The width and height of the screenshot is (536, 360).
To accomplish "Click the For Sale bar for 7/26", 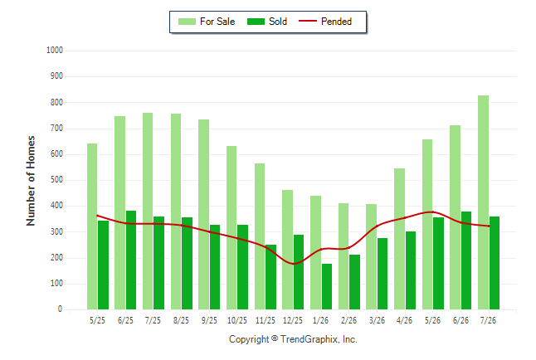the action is (x=483, y=202).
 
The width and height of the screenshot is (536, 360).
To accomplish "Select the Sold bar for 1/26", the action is (x=327, y=286).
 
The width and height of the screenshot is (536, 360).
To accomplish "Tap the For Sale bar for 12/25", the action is (x=287, y=250).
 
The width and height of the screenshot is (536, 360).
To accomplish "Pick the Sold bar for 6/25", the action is (x=131, y=260).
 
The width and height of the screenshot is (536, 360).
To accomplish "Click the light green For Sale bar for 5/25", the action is (x=92, y=226).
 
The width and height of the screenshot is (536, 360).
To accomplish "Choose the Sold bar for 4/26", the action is (x=411, y=270).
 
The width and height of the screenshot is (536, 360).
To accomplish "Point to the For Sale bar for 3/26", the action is (x=371, y=257).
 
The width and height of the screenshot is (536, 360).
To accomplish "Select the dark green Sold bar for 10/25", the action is (x=243, y=267).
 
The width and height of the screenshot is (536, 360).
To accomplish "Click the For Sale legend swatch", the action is (x=187, y=22).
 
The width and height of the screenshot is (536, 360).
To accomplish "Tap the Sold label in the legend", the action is (x=278, y=22).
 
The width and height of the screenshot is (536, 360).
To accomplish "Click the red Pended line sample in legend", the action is (x=308, y=21).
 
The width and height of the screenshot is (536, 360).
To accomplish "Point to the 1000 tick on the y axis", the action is (x=55, y=51).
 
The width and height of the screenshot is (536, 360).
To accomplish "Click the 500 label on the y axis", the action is (x=56, y=180).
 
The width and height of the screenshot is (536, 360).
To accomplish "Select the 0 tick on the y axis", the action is (x=61, y=309).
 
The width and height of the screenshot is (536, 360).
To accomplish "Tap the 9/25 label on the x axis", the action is (x=209, y=320).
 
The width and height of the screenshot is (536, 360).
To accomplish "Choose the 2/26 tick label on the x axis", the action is (x=348, y=320).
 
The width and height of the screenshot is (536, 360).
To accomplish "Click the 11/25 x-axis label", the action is (x=266, y=320).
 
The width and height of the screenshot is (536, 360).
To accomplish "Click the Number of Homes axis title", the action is (x=31, y=181).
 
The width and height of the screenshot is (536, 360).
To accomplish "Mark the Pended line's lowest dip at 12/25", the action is (x=293, y=264).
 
